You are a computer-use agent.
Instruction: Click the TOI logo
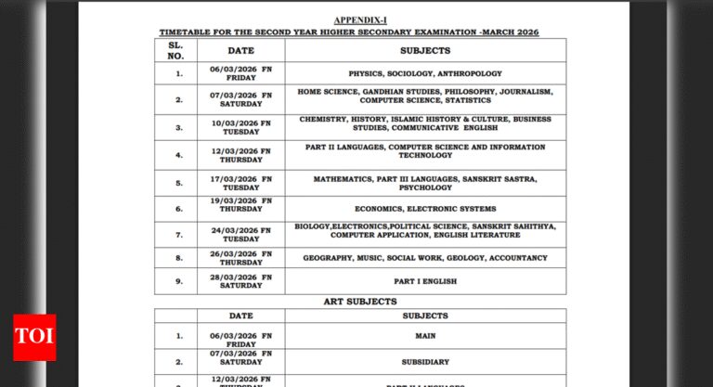coord(34,337)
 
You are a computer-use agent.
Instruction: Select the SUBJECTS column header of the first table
coord(425,51)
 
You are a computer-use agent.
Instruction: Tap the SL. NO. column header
coord(175,51)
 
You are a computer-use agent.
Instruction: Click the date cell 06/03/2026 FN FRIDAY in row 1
coord(240,74)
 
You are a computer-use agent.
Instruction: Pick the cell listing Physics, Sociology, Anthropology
coord(425,73)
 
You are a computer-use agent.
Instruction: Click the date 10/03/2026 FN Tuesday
coord(240,127)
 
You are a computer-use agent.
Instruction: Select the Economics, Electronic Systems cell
coord(425,209)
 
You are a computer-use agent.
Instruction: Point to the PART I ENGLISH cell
coord(425,281)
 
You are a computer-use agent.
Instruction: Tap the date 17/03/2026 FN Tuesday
coord(240,183)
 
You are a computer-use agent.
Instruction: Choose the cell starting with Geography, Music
coord(425,257)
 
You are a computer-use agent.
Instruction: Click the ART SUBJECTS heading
coord(360,302)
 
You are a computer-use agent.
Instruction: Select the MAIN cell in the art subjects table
coord(425,336)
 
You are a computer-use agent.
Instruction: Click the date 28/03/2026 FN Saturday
coord(240,281)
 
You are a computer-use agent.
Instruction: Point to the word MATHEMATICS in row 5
coord(346,177)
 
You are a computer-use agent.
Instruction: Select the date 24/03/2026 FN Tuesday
coord(240,234)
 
